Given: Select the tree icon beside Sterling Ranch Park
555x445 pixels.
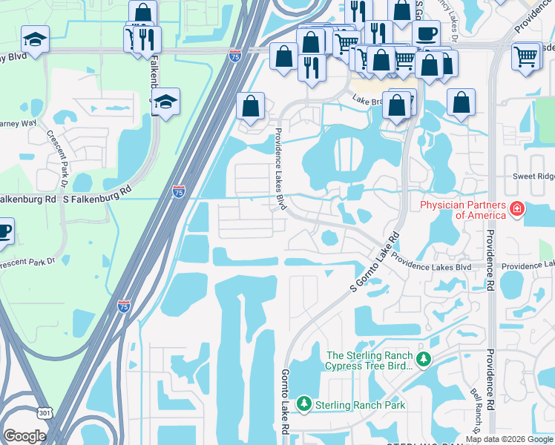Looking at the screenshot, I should point(303,405).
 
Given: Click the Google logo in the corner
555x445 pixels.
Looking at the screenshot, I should point(24,436).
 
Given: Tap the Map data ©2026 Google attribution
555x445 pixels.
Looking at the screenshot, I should point(508,438).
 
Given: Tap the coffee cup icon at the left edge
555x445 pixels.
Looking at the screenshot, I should point(4,230).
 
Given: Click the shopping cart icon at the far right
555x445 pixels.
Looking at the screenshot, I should point(526,56).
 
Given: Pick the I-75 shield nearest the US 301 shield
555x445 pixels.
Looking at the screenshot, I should point(125,305).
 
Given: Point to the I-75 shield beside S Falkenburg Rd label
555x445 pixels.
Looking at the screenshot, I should point(179,192).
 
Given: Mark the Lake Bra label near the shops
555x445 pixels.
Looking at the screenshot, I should point(369,99).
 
